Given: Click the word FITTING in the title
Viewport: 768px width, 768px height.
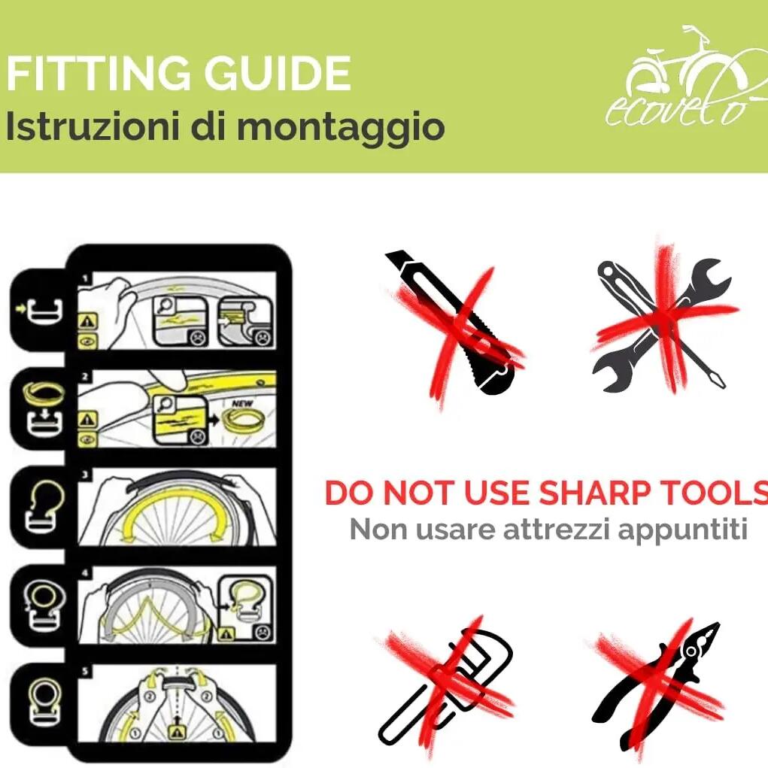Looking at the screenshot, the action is [98, 73].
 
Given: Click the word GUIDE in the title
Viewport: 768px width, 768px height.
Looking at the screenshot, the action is [278, 73].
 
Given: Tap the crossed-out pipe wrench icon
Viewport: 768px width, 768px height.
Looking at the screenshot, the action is [446, 687].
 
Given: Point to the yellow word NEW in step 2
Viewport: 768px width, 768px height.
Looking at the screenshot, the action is [242, 403].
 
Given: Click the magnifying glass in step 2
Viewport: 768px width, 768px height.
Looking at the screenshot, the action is [165, 405].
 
